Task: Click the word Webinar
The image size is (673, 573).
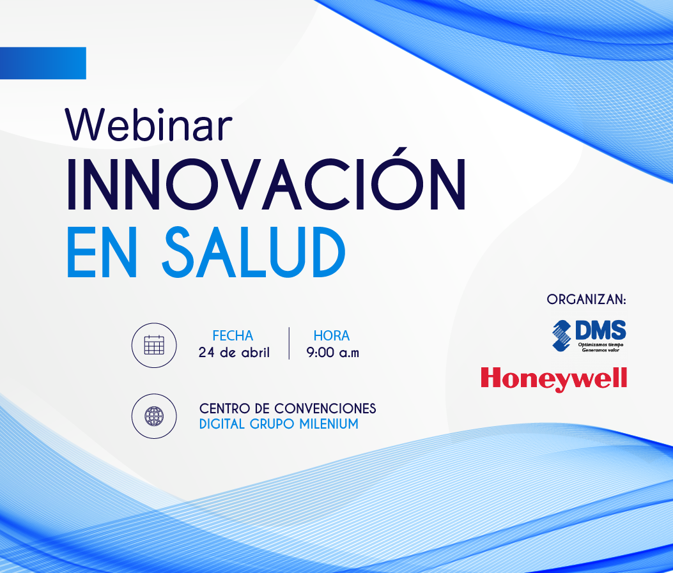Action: (148, 125)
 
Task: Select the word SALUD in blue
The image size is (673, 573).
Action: (254, 252)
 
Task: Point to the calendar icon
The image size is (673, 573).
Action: (154, 345)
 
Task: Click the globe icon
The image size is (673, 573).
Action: (154, 416)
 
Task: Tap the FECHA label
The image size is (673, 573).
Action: (233, 335)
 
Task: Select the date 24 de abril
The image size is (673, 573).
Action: (234, 353)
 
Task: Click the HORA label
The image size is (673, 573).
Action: (332, 335)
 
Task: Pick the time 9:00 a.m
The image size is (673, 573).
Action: (332, 353)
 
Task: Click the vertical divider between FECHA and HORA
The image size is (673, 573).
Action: (289, 343)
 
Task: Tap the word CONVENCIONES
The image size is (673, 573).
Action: (325, 408)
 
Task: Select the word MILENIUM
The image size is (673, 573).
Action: (329, 424)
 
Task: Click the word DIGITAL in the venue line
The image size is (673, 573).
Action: (222, 424)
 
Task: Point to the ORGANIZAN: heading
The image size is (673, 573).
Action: (586, 300)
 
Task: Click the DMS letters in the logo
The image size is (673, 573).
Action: (601, 330)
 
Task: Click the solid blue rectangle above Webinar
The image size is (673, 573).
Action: (43, 63)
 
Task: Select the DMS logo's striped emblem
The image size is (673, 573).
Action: (561, 335)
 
